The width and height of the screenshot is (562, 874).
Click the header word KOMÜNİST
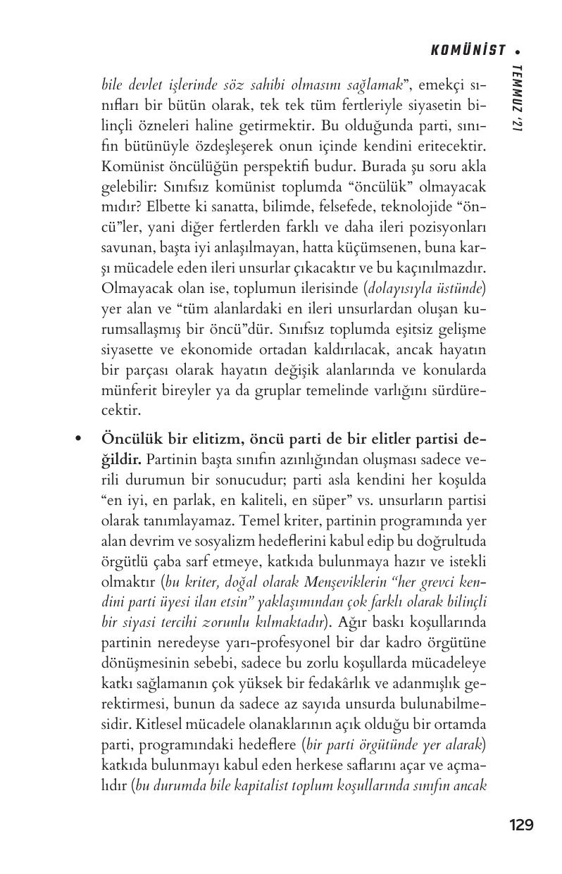pos(468,50)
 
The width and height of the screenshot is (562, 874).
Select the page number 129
pos(520,825)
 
